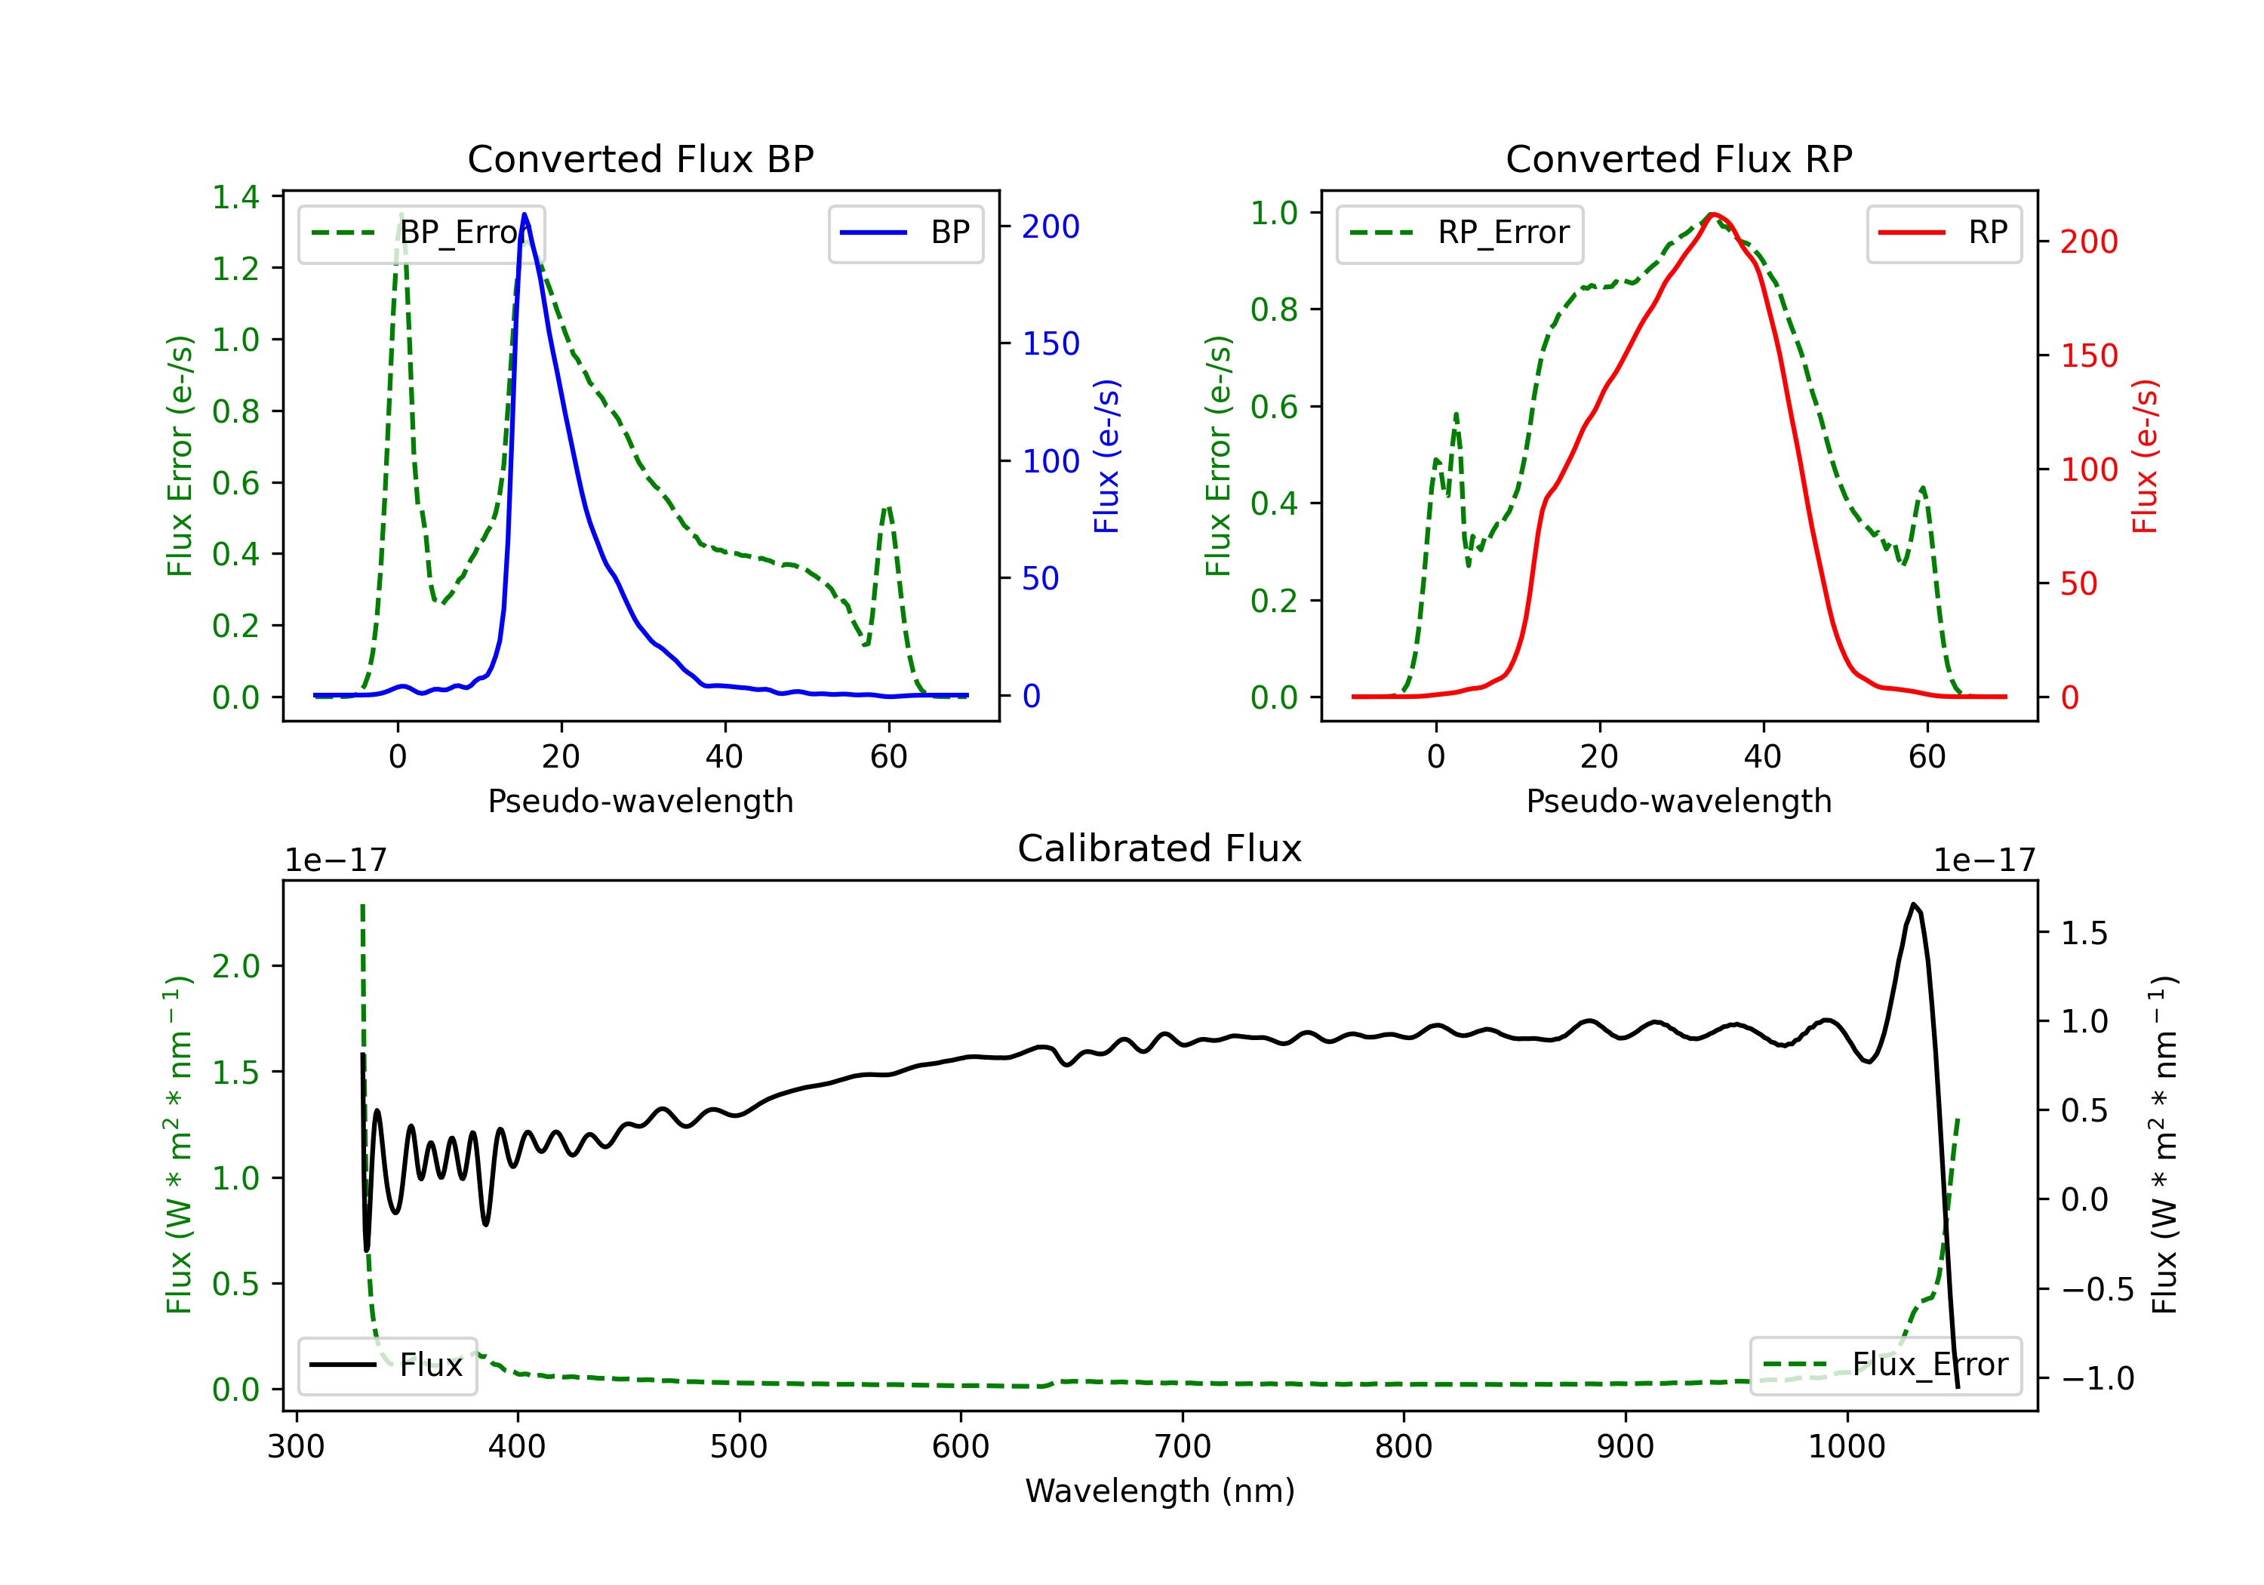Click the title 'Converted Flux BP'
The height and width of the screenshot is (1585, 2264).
pyautogui.click(x=640, y=158)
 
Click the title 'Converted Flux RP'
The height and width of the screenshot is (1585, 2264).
pyautogui.click(x=1678, y=158)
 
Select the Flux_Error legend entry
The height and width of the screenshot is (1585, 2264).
pyautogui.click(x=1884, y=1365)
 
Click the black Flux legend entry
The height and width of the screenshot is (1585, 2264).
pyautogui.click(x=388, y=1365)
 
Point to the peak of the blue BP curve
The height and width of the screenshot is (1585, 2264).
pyautogui.click(x=524, y=214)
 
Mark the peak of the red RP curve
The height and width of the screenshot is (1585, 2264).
pyautogui.click(x=1714, y=214)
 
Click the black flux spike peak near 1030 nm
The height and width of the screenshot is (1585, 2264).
pyautogui.click(x=1913, y=903)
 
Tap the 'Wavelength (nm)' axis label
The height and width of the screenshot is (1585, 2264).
pyautogui.click(x=1160, y=1491)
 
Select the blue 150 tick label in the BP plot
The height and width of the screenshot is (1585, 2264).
pyautogui.click(x=1050, y=344)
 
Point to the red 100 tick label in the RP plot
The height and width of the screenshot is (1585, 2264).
pyautogui.click(x=2088, y=469)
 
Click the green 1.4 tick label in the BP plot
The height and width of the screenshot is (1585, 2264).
pyautogui.click(x=235, y=197)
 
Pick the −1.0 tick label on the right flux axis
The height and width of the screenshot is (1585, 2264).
pyautogui.click(x=2096, y=1378)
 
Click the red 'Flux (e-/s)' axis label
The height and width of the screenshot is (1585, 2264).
pyautogui.click(x=2145, y=457)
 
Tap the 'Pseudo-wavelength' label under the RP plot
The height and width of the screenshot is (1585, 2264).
pyautogui.click(x=1678, y=801)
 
